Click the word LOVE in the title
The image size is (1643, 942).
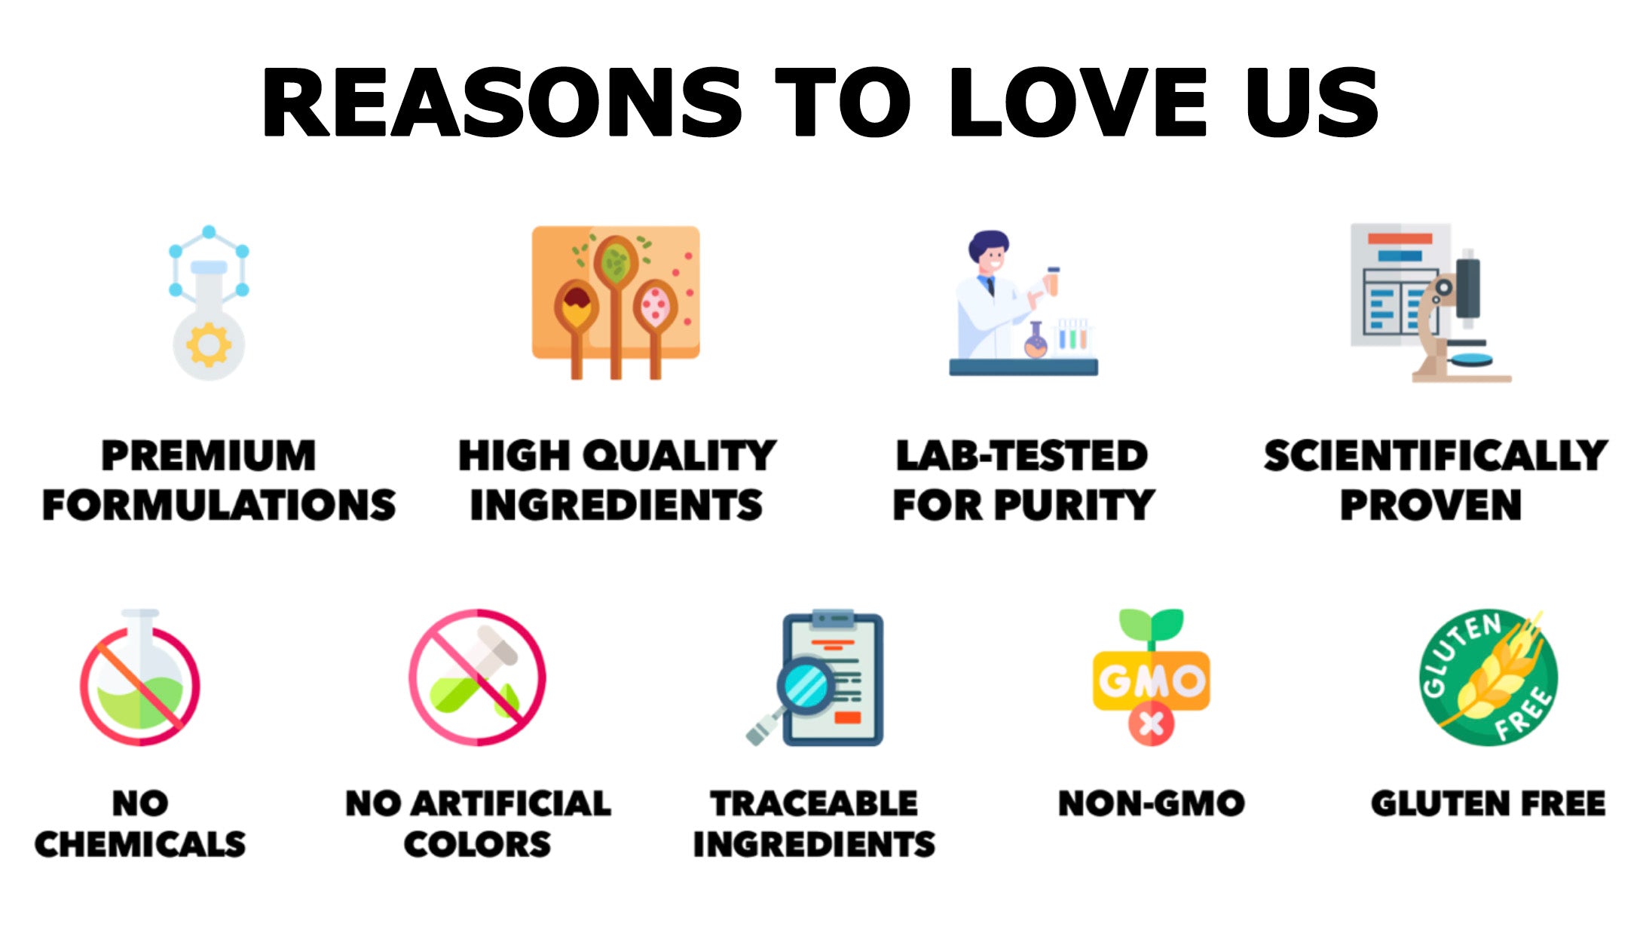[x=1078, y=102]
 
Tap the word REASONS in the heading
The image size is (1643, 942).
[x=502, y=102]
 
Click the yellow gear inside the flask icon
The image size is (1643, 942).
[x=209, y=344]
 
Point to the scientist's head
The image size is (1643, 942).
[x=989, y=254]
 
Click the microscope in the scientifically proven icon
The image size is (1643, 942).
[x=1458, y=317]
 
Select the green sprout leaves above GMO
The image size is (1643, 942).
[x=1151, y=624]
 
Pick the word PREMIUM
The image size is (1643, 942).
[x=209, y=456]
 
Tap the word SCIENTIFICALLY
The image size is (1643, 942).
[x=1436, y=456]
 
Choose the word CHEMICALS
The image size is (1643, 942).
[x=140, y=844]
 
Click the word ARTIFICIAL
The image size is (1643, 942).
[x=511, y=803]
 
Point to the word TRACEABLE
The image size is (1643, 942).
[x=814, y=803]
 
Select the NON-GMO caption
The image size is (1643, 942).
[x=1152, y=803]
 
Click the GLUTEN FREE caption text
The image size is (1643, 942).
[x=1488, y=803]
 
